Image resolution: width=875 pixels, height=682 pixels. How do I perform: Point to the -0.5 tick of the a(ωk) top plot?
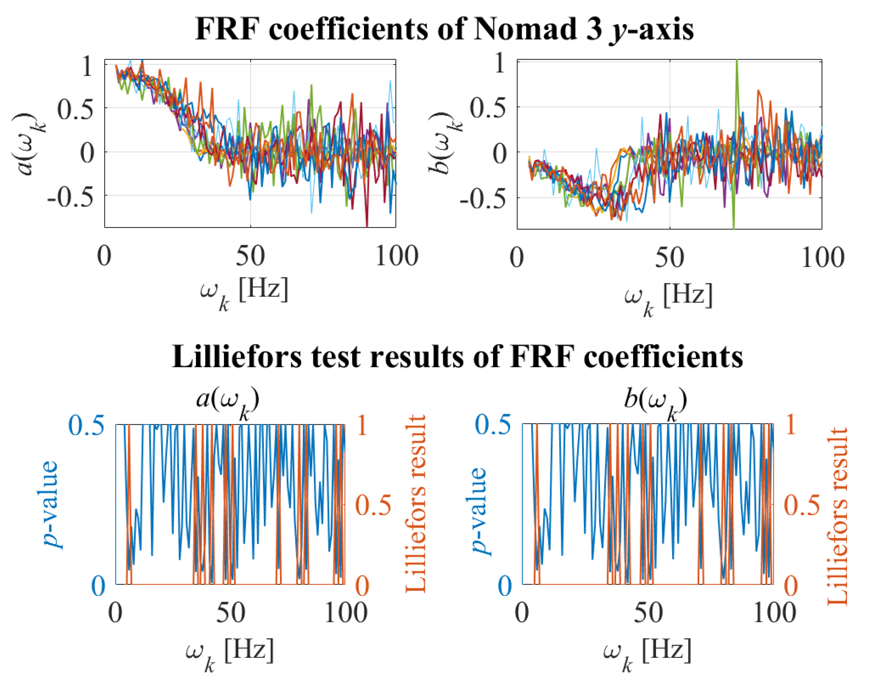[70, 196]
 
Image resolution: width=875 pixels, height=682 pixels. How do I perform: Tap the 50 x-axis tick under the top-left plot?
[250, 257]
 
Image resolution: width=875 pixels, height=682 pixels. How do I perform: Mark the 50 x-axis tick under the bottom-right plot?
[648, 613]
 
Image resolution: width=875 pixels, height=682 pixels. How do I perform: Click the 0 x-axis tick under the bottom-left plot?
[115, 613]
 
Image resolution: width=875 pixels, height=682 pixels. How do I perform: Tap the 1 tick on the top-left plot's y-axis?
[87, 67]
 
